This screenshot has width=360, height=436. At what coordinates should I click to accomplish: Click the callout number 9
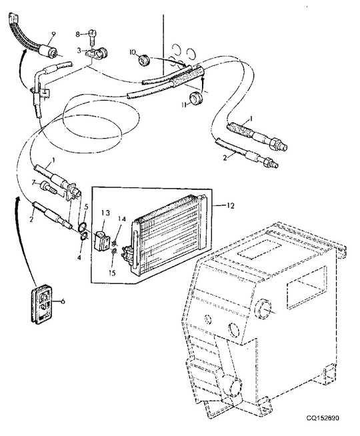point(53,34)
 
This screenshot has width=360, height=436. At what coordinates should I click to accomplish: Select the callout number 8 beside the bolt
point(77,34)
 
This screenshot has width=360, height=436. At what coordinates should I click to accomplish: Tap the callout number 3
point(79,51)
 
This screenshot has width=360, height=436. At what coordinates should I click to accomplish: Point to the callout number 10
point(132,52)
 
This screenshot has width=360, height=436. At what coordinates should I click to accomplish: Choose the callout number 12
point(231,206)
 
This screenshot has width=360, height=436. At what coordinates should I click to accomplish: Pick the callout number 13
point(106,213)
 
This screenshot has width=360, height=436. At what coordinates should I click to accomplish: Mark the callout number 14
point(122,219)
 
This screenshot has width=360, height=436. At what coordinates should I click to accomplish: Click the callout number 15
point(112,273)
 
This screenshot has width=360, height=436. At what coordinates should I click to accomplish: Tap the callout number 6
point(63,301)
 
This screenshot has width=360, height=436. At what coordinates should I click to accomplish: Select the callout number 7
point(34,183)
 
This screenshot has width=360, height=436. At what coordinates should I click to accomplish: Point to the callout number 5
point(86,207)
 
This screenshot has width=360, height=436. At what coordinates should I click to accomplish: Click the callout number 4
point(79,258)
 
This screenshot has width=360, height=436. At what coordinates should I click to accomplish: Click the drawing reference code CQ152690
point(323,426)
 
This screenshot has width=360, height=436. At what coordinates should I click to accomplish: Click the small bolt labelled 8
point(92,37)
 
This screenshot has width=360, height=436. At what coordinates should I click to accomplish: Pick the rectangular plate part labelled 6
point(41,304)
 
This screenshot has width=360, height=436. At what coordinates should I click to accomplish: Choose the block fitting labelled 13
point(101,241)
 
